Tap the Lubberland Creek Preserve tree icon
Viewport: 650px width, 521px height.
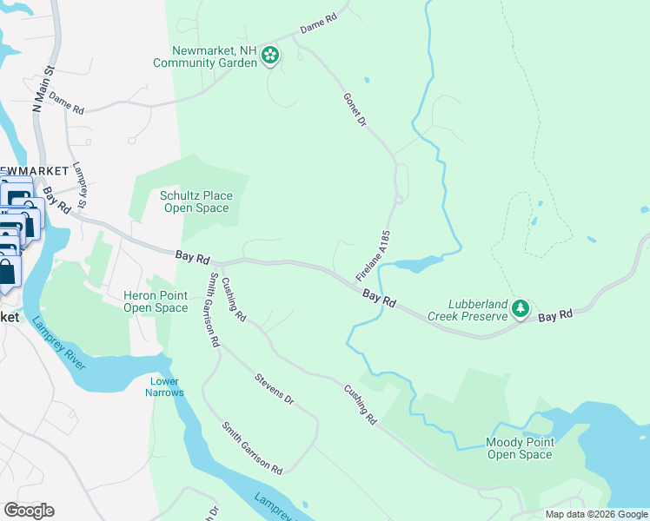(520, 308)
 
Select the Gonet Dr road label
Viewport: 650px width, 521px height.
(355, 110)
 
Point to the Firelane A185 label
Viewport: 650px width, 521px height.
(375, 254)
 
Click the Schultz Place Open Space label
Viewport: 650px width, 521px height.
(196, 201)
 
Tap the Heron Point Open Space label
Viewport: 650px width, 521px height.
(156, 301)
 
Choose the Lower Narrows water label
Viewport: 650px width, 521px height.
(165, 387)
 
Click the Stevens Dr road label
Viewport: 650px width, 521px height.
(275, 391)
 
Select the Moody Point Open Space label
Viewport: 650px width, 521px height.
(519, 448)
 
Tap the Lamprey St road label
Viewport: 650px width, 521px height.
(79, 185)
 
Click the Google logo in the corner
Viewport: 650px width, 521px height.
(29, 510)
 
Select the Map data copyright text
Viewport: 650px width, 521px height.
(596, 514)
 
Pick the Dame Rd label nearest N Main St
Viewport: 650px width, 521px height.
(66, 103)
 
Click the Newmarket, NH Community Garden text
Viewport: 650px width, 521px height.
(204, 56)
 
